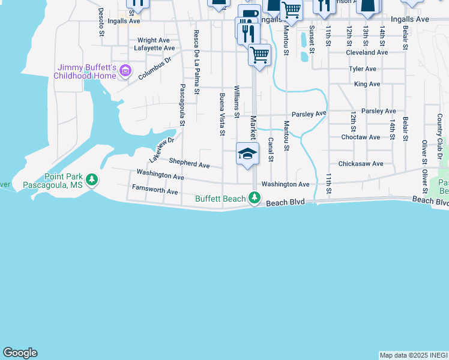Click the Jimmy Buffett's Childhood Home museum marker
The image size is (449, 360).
(125, 71)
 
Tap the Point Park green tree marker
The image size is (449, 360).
(92, 180)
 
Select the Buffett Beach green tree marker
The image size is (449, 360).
(255, 198)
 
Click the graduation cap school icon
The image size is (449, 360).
(247, 154)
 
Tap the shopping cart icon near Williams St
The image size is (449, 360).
(259, 55)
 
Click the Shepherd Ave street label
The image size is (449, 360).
(189, 163)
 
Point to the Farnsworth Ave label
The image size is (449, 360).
(155, 191)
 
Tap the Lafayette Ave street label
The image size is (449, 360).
(154, 48)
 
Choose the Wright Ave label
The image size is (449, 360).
(154, 40)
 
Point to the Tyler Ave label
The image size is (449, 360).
(363, 69)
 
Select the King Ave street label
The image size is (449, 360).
(367, 85)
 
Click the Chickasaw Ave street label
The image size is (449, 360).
(360, 163)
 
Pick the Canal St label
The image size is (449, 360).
(271, 150)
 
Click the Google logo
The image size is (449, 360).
(20, 353)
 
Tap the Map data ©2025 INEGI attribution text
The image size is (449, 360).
(413, 355)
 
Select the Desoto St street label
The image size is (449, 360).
(101, 22)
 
